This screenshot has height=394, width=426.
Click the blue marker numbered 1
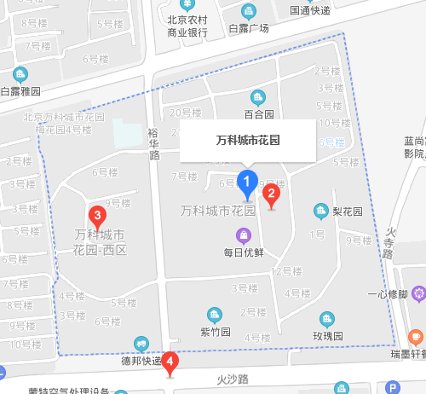[x=247, y=182]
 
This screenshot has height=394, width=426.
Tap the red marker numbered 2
[x=272, y=194]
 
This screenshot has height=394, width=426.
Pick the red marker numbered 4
[x=171, y=362]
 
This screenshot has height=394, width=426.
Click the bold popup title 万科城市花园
[x=248, y=139]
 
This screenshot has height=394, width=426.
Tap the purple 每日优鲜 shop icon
[x=244, y=235]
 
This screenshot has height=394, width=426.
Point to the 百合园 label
[x=258, y=113]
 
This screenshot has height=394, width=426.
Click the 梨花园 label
[x=348, y=211]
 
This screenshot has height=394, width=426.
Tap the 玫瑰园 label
[x=327, y=336]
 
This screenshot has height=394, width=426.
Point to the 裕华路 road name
[x=153, y=144]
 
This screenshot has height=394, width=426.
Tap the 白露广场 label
[x=249, y=28]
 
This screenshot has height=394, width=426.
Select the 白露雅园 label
[x=20, y=90]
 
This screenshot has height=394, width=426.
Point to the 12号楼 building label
[x=285, y=271]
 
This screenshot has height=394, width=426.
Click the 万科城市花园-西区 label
[x=100, y=242]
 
